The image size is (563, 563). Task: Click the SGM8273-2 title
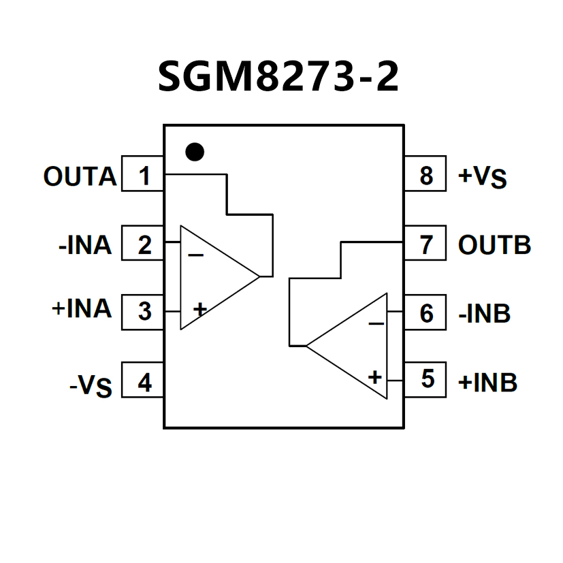coord(278,76)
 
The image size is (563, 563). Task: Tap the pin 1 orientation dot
coord(195,151)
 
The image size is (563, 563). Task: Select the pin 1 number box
coord(143,176)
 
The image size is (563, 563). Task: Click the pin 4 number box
coord(143,383)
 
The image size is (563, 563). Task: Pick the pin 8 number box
coord(425,175)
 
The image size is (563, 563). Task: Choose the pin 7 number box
coord(425,244)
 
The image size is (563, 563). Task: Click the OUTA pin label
coord(80,177)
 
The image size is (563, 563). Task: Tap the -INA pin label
coord(84,245)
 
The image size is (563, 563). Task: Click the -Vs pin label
coord(91,386)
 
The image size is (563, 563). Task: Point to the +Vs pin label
coord(483,177)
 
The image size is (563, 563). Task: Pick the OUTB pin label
coord(494,245)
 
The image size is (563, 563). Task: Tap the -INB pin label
coord(484,314)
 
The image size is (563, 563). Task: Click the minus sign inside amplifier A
coord(196,255)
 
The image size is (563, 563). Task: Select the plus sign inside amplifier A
coord(199,310)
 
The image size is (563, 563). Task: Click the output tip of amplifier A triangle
coord(259,276)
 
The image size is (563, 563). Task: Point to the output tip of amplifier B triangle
coord(306,346)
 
